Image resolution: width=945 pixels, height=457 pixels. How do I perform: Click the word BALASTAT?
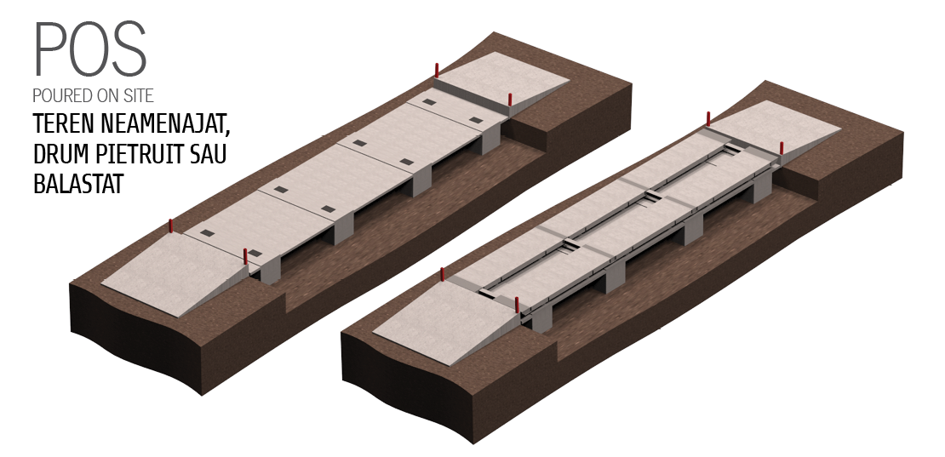78,184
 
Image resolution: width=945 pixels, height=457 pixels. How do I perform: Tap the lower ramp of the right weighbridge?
447,320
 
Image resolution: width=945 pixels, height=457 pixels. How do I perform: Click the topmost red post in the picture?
437,70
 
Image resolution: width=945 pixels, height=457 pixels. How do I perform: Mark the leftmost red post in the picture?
170,226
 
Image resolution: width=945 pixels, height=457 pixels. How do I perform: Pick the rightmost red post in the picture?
782,147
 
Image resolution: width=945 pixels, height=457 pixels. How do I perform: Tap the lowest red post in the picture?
517,304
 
